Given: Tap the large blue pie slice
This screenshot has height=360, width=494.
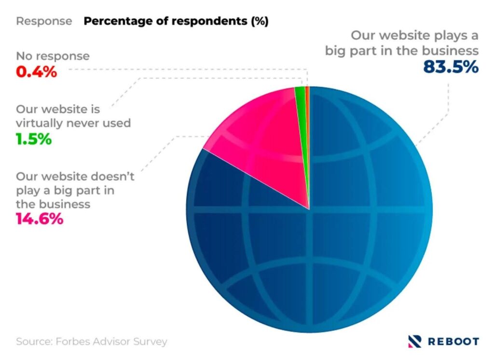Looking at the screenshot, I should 338,241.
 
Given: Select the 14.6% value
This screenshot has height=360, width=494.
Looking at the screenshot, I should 40,219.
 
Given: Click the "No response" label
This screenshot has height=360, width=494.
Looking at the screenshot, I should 53,56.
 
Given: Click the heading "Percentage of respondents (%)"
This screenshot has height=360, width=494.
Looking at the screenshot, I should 176,21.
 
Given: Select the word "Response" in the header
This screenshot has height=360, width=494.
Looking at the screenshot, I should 44,21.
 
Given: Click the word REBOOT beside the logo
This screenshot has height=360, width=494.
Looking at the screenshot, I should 453,341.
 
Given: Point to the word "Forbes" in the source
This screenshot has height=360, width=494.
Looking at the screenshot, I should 72,342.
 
